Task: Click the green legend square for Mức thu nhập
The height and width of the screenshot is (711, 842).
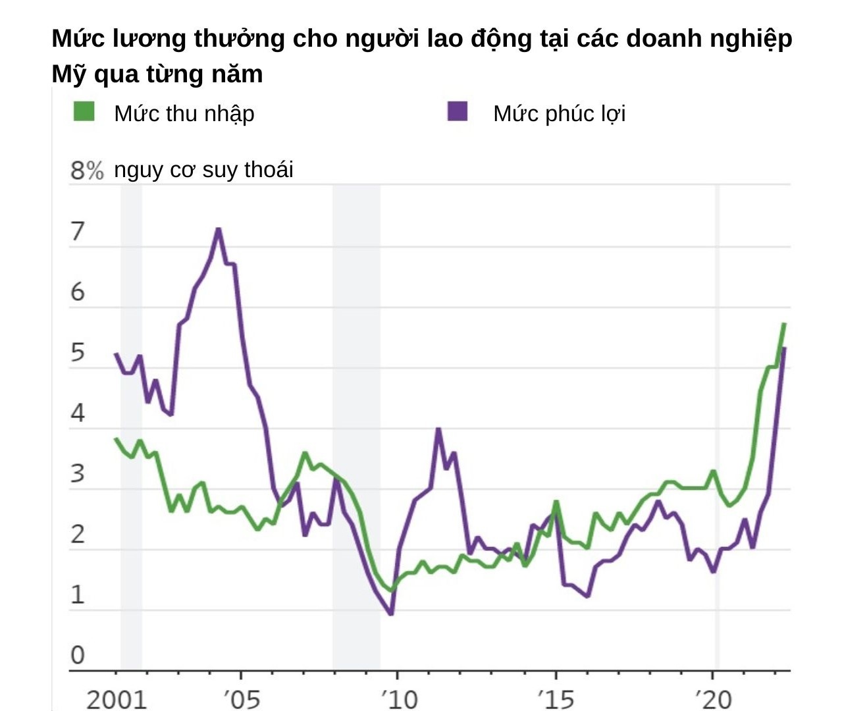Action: tap(84, 111)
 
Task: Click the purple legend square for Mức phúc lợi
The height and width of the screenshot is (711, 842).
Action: tap(458, 111)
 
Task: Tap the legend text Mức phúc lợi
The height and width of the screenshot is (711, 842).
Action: tap(559, 114)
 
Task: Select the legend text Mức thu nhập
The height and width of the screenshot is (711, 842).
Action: tap(184, 114)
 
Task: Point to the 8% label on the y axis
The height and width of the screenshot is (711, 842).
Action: tap(87, 171)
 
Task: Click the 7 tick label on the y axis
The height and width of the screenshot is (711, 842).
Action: tap(78, 232)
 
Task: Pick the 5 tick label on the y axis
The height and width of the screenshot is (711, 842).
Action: tap(78, 353)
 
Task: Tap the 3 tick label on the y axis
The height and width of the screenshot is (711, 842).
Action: tap(78, 474)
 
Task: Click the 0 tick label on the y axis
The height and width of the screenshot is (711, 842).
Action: tap(78, 655)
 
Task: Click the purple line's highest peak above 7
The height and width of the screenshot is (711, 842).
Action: tap(218, 229)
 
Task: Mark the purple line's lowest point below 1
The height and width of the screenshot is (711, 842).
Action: tap(392, 614)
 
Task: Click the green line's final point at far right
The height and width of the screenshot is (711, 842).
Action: tap(784, 323)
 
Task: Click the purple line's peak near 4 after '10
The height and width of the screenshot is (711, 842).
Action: tap(438, 429)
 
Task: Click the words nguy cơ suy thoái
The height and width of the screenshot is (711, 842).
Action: tap(203, 170)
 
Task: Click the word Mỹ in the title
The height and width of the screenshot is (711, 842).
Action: tap(69, 74)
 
